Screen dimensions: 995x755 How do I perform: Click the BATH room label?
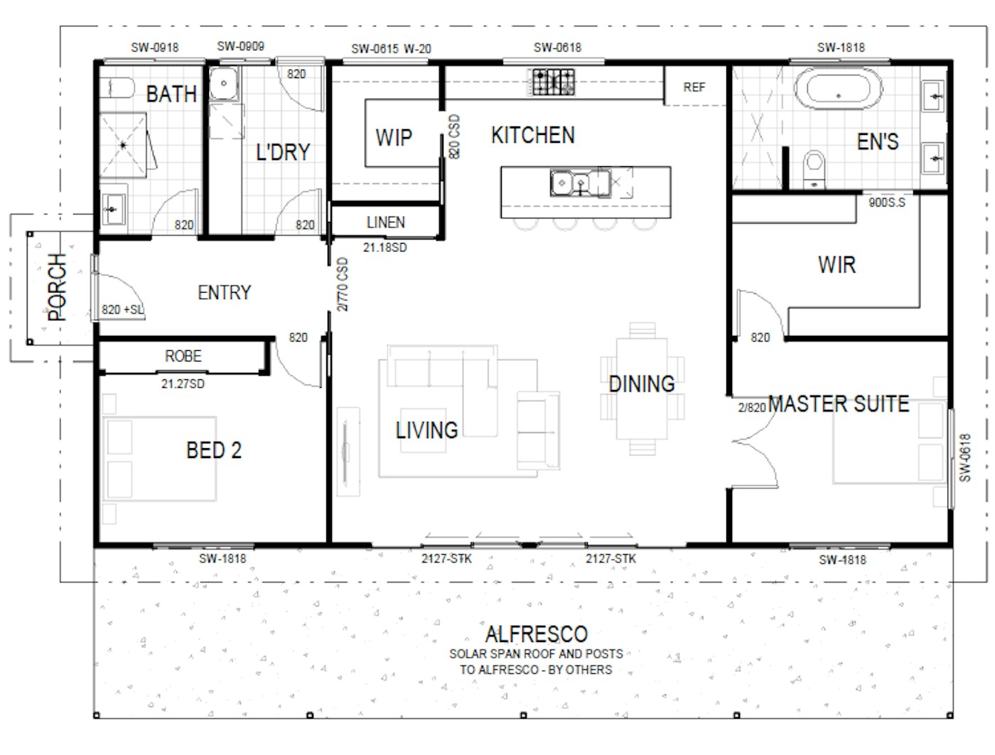[171, 94]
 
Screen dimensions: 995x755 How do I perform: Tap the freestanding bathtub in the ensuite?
[838, 88]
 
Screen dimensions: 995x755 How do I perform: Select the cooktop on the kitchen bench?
[552, 82]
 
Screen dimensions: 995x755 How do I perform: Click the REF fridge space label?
[694, 87]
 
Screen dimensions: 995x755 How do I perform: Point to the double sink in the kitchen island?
[580, 183]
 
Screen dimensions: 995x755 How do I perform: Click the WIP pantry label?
[394, 137]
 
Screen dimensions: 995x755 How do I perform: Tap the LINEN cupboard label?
[385, 222]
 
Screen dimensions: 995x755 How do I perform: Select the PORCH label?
[57, 287]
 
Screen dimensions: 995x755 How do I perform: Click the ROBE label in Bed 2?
[183, 356]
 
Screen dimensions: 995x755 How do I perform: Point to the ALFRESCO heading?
[537, 634]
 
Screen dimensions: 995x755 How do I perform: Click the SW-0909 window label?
[240, 46]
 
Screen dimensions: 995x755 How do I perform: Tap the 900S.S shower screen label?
[887, 202]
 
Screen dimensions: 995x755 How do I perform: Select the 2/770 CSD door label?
[343, 284]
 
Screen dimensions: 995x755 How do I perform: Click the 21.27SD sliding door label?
[183, 384]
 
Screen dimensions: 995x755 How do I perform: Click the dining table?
[642, 389]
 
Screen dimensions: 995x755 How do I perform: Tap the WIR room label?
[837, 264]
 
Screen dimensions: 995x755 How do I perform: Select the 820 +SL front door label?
[122, 310]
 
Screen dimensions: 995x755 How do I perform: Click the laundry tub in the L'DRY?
[223, 84]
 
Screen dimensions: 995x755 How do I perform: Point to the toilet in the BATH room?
[117, 87]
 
